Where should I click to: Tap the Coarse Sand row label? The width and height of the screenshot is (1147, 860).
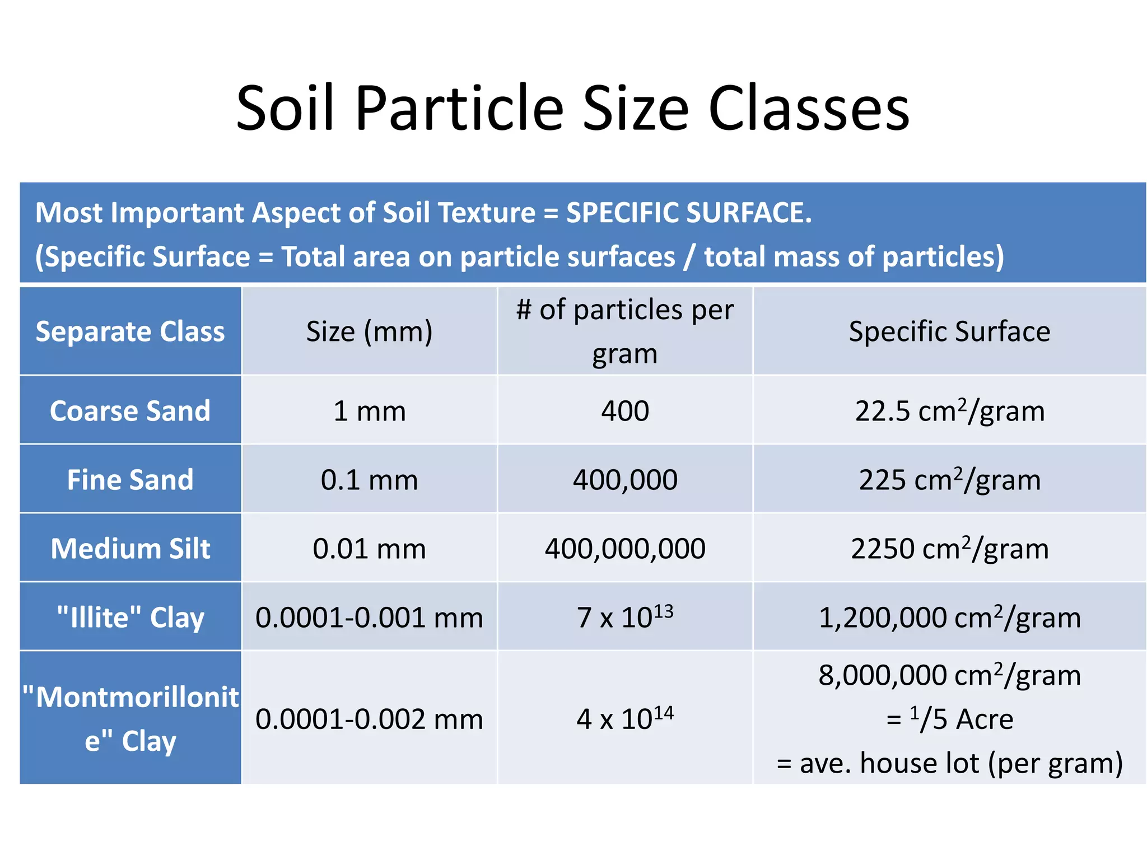click(x=130, y=411)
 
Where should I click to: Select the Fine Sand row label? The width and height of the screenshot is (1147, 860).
click(x=130, y=480)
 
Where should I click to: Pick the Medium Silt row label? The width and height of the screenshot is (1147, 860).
click(x=130, y=549)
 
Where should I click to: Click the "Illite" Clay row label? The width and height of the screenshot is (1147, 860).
click(x=130, y=618)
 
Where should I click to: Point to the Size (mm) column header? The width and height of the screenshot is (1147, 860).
click(x=369, y=331)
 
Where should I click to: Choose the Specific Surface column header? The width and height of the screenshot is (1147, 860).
click(x=949, y=331)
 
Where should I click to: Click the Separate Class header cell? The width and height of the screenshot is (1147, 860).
click(x=130, y=331)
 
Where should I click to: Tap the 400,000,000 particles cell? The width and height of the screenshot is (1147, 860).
click(x=625, y=549)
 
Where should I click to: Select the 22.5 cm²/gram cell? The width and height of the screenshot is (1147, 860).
click(x=949, y=411)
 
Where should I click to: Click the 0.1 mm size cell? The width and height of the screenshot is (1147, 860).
click(x=369, y=480)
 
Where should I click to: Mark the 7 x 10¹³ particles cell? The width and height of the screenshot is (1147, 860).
click(x=625, y=617)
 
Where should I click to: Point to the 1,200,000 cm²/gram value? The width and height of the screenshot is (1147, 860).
click(x=949, y=618)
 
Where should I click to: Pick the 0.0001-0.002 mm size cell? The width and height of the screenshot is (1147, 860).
click(x=369, y=719)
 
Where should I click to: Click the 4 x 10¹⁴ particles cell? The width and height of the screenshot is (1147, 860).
click(x=625, y=719)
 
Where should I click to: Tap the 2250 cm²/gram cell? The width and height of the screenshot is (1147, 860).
click(x=949, y=549)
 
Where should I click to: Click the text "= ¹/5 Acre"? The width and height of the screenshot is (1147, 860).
click(x=949, y=719)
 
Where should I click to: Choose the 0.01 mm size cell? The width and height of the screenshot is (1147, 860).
click(x=369, y=549)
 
